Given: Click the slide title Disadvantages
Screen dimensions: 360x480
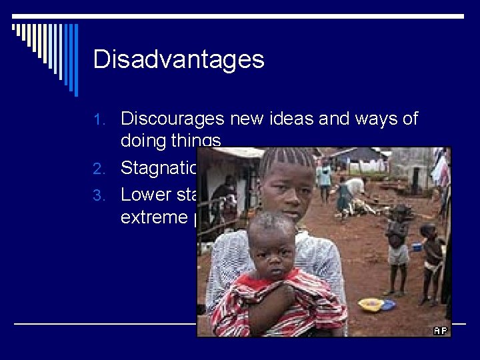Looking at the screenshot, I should pos(179,60).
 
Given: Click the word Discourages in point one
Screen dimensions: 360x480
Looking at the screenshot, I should pos(173,119).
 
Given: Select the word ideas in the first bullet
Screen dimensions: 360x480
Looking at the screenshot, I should pos(297,119).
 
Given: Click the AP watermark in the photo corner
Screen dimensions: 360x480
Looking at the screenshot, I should pos(440,330).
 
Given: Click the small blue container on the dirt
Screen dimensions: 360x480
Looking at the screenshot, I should pos(416,247).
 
